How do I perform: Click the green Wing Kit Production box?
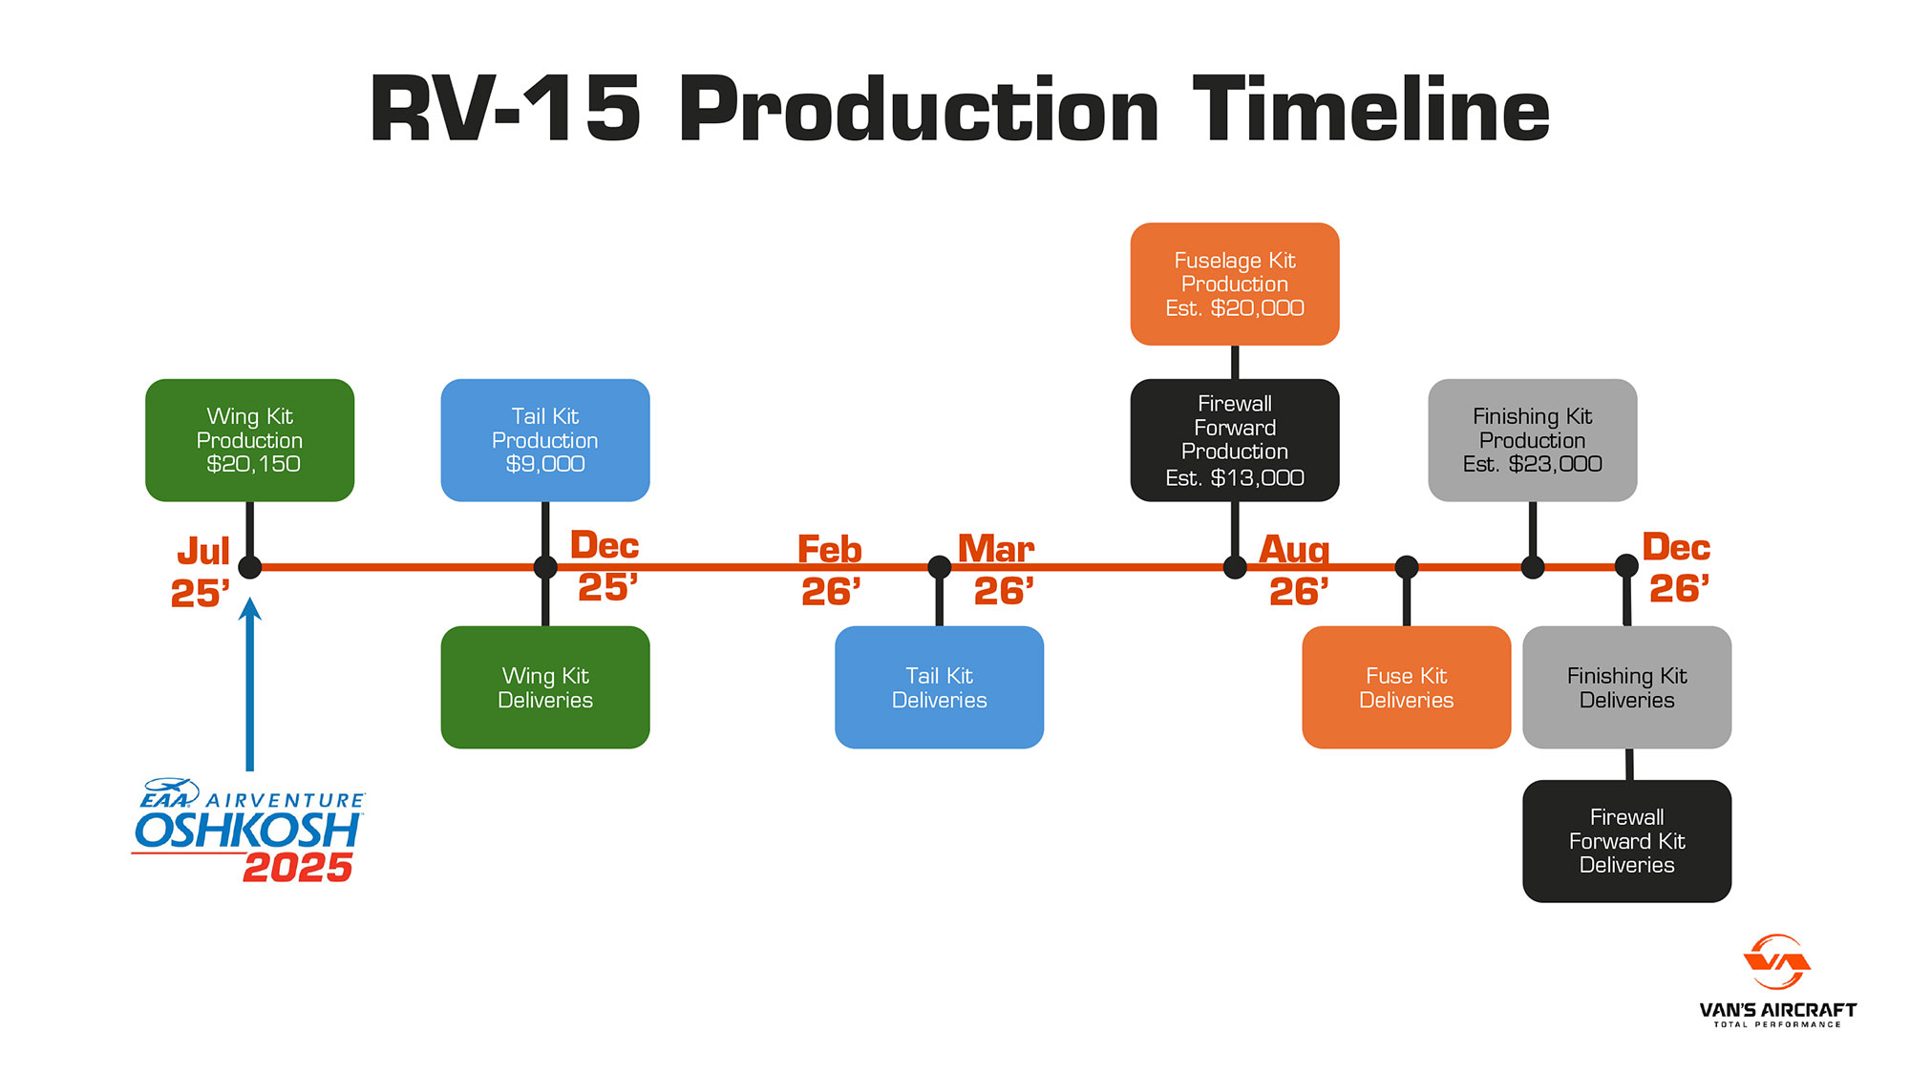pyautogui.click(x=249, y=440)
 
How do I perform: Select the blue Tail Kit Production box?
pyautogui.click(x=545, y=440)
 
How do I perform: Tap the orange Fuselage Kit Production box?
pyautogui.click(x=1235, y=284)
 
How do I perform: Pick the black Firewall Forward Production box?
pyautogui.click(x=1235, y=440)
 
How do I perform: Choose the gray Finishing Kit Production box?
pyautogui.click(x=1533, y=440)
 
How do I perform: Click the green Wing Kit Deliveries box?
pyautogui.click(x=545, y=687)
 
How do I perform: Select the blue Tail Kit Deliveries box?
pyautogui.click(x=940, y=687)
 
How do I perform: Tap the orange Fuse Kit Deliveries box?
pyautogui.click(x=1407, y=687)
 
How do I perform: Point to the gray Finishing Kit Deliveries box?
pyautogui.click(x=1627, y=687)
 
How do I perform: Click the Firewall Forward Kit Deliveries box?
pyautogui.click(x=1627, y=841)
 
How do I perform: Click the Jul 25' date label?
pyautogui.click(x=202, y=572)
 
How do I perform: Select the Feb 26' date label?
pyautogui.click(x=830, y=571)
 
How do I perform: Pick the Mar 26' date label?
pyautogui.click(x=997, y=570)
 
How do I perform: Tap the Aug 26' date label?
pyautogui.click(x=1295, y=570)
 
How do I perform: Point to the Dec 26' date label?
pyautogui.click(x=1677, y=568)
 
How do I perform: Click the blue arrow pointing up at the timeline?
pyautogui.click(x=250, y=684)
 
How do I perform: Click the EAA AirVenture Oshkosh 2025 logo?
pyautogui.click(x=248, y=830)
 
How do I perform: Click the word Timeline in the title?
pyautogui.click(x=1371, y=109)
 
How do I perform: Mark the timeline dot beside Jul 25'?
pyautogui.click(x=250, y=567)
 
